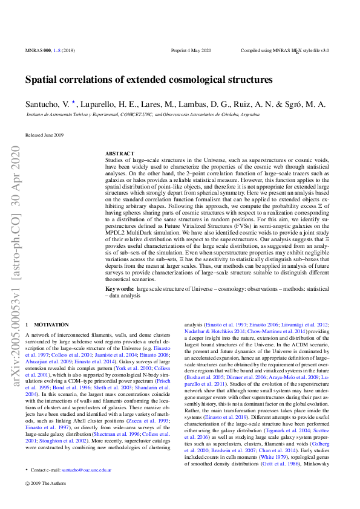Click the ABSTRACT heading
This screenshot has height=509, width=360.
pos(119,154)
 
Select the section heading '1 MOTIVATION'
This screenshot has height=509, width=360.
pos(47,325)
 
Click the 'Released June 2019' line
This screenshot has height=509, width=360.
pos(44,135)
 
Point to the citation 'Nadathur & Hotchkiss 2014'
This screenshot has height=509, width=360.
pos(212,331)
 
